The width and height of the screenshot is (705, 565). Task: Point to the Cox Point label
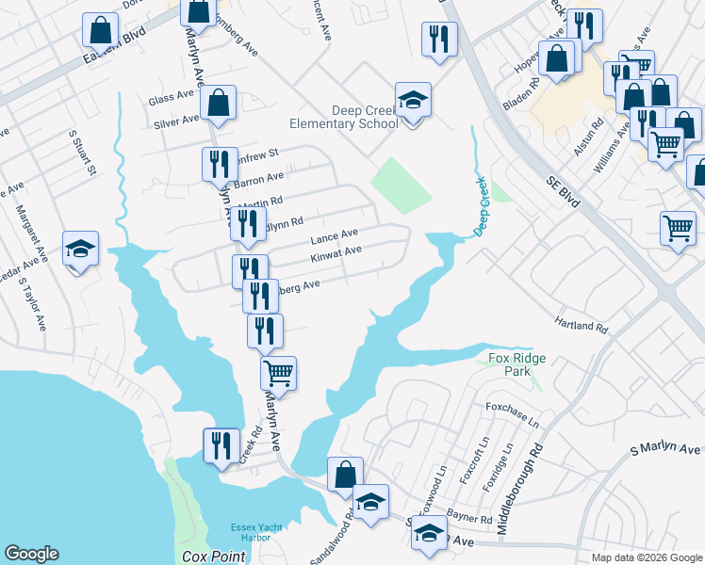click(207, 557)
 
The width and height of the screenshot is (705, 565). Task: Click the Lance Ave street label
click(335, 234)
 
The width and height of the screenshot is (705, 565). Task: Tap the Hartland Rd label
click(582, 325)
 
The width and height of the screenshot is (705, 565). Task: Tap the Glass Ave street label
click(172, 99)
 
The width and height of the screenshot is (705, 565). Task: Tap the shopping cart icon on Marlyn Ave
click(278, 373)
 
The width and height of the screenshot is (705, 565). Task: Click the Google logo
click(31, 555)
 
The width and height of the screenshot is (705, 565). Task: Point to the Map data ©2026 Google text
click(647, 557)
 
